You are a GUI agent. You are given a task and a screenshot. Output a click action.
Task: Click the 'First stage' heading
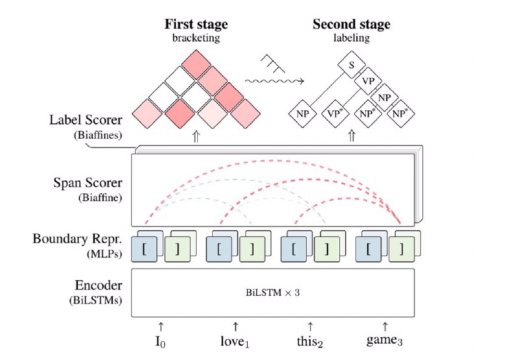click(x=197, y=24)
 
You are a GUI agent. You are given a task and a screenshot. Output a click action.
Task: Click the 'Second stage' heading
click(x=352, y=24)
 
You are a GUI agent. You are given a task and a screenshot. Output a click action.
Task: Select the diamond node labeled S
click(x=352, y=65)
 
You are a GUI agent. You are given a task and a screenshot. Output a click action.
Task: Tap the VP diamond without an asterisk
click(x=368, y=81)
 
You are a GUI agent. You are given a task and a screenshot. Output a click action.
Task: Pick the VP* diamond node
click(x=335, y=114)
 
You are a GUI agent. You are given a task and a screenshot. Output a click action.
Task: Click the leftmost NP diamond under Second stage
click(x=302, y=114)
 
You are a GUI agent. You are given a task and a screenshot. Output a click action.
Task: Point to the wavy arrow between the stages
click(x=274, y=81)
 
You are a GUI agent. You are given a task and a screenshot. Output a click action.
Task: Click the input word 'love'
click(x=235, y=341)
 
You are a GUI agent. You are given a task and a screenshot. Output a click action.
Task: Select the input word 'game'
click(x=384, y=341)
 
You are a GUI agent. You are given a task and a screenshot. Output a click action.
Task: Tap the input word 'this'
click(x=309, y=341)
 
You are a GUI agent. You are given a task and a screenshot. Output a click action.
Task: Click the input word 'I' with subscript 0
click(x=160, y=342)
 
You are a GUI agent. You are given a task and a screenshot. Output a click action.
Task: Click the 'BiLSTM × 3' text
click(x=272, y=293)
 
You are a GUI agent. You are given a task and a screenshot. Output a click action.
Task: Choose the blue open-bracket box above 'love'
click(x=219, y=250)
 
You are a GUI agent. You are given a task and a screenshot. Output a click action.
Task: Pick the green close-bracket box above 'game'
click(x=402, y=250)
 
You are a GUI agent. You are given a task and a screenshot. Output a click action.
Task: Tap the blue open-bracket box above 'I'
click(x=144, y=250)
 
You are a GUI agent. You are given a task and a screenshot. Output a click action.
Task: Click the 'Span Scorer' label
click(x=88, y=183)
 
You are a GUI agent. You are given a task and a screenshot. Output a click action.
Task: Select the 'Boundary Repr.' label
click(x=77, y=239)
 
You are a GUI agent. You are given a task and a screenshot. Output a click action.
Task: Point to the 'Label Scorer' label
click(x=86, y=120)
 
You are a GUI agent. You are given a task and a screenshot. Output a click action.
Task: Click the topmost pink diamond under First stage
click(x=197, y=64)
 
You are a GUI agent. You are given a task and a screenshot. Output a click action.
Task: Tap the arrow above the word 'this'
click(x=310, y=326)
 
